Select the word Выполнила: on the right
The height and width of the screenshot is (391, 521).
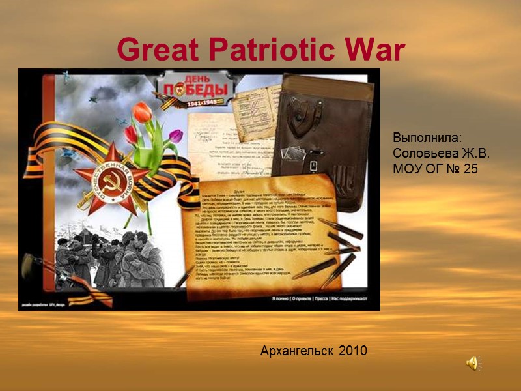427,138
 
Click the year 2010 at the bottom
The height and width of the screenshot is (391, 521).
353,351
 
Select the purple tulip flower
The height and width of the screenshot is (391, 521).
175,136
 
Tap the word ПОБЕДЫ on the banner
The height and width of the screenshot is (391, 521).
196,89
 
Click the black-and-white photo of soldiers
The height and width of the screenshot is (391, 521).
107,257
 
